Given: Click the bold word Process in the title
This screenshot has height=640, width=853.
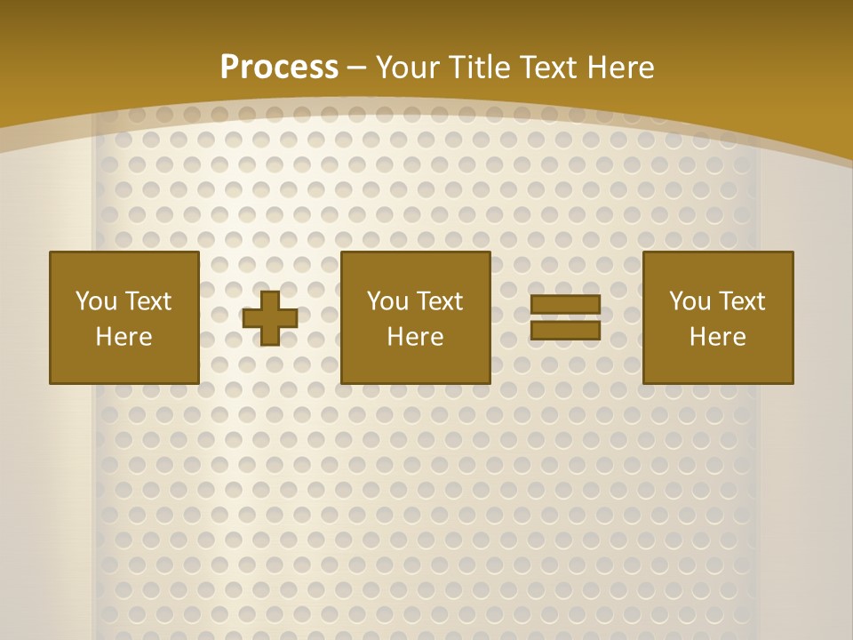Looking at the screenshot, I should pos(279,68).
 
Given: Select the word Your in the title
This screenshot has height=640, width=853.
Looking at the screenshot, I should pos(406,68).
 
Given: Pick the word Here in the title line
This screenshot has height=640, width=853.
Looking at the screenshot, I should pos(623,68).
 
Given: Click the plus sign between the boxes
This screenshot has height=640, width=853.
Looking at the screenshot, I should pos(270,317).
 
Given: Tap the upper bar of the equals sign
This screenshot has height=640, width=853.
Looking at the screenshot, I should pos(565,305).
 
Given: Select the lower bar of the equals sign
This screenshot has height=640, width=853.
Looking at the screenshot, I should pos(565,330).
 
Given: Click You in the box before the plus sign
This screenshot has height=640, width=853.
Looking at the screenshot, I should pos(96,301).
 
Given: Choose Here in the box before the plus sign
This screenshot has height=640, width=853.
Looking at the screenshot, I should pos(124,337).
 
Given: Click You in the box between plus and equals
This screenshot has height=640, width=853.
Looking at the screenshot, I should pos(387,301).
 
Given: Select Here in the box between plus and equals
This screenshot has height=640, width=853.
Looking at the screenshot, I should pos(415,337).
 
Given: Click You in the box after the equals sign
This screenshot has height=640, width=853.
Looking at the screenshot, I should pos(690,301).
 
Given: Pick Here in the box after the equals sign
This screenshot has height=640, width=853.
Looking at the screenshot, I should pos(717,337).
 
